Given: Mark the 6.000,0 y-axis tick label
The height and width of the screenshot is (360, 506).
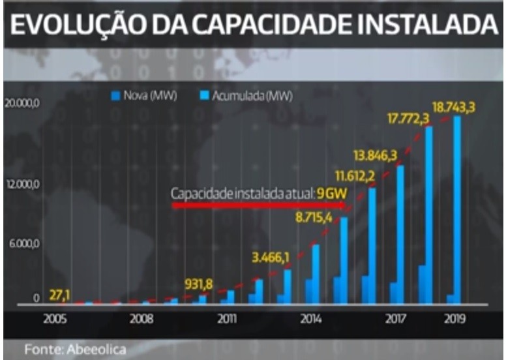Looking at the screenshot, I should [21, 243].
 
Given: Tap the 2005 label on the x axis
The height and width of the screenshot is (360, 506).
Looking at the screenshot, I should [55, 321].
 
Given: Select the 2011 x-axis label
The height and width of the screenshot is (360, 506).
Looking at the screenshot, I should [226, 321].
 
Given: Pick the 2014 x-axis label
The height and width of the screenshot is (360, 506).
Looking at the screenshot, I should [311, 321].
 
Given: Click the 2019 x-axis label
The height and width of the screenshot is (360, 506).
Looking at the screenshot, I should [454, 321].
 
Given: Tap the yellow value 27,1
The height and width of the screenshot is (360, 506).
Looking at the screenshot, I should [59, 295].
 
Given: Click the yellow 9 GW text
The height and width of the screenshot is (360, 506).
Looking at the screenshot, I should [325, 194].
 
